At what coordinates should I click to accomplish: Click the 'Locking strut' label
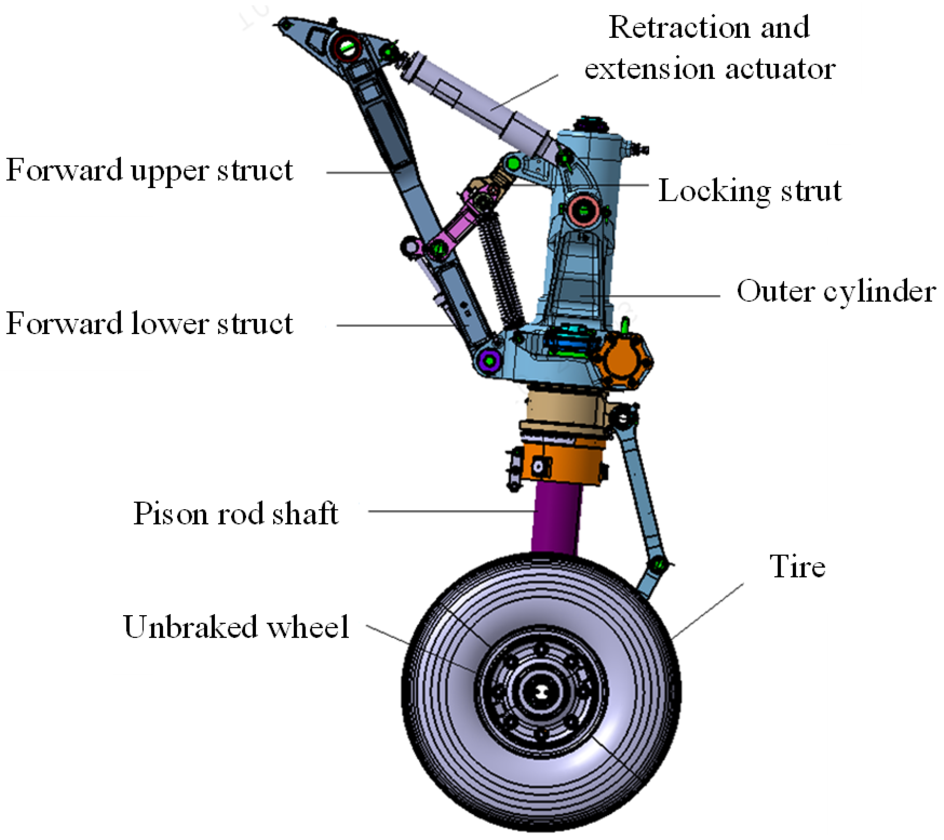point(749,191)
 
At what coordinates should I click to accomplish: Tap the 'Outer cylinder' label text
point(836,292)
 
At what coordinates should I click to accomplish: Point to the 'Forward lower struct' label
point(149,324)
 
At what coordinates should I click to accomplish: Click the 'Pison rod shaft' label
point(236,513)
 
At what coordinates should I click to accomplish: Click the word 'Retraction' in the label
point(679,28)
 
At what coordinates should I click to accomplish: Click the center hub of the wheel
point(540,692)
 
